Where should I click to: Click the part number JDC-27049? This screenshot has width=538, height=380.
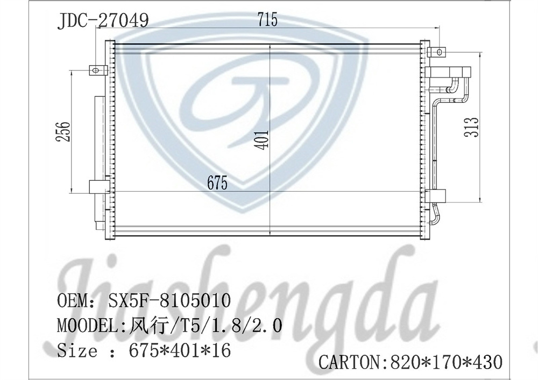tap(103, 21)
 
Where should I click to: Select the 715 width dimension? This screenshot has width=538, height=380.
tap(267, 20)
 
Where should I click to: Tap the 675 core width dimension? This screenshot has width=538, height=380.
tap(217, 183)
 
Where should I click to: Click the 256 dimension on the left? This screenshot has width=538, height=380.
tap(63, 131)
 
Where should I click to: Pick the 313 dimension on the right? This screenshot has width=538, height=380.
tap(472, 128)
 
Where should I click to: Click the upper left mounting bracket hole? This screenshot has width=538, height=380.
tap(97, 69)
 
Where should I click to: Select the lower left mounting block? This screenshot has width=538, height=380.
tap(98, 187)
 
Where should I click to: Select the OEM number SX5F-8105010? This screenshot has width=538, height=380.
tap(171, 300)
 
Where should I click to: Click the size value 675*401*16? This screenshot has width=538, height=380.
tap(180, 351)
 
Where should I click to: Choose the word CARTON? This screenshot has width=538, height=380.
tap(350, 362)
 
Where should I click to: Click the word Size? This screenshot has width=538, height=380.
tap(77, 351)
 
